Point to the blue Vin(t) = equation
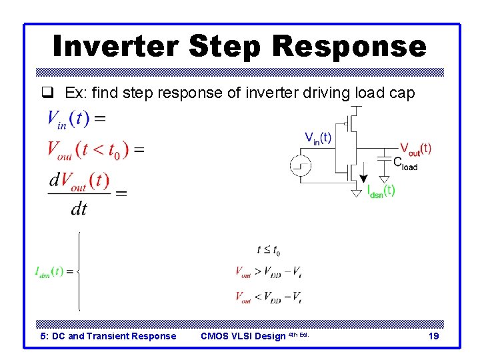click(x=75, y=120)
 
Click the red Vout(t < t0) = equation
click(x=95, y=149)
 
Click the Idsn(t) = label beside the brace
click(x=57, y=271)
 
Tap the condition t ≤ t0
click(x=268, y=251)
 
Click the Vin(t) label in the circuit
click(x=318, y=139)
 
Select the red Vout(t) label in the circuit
click(x=415, y=148)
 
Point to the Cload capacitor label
click(x=405, y=163)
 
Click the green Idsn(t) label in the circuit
click(x=381, y=191)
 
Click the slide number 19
click(x=433, y=336)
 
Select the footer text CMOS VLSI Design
click(x=243, y=336)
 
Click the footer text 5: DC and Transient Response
click(x=108, y=336)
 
